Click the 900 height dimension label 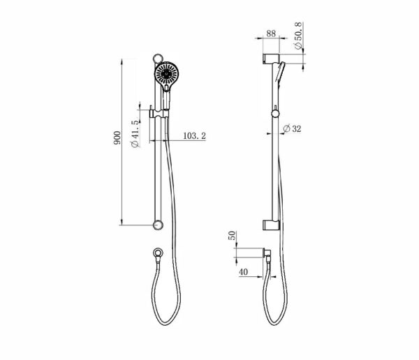tap(117, 138)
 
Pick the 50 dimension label tap(233, 237)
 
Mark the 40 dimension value tap(242, 271)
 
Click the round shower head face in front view tap(167, 75)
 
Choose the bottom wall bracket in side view tap(270, 225)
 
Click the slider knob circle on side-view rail tap(275, 113)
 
